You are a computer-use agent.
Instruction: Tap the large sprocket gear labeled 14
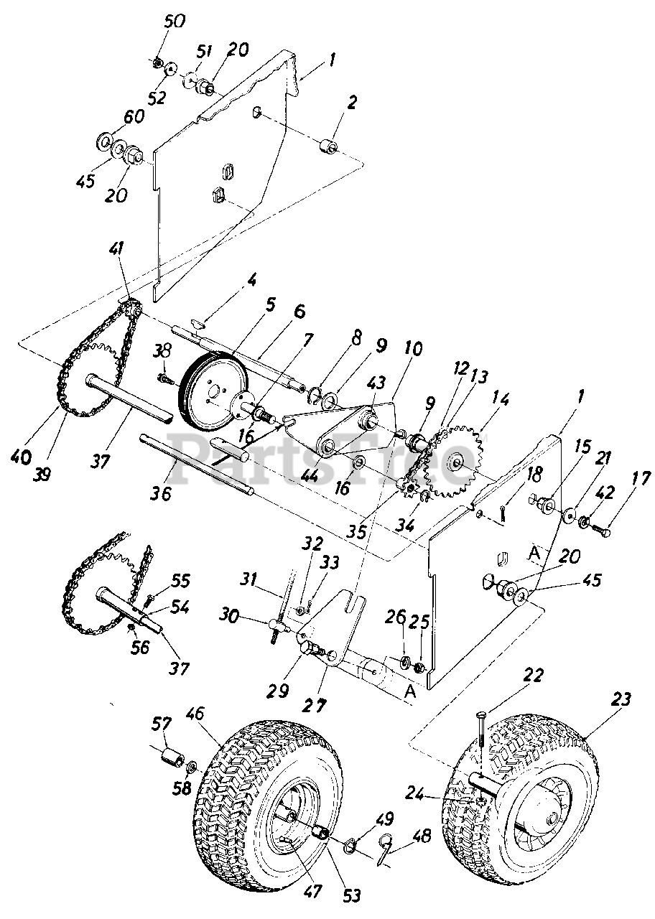pyautogui.click(x=453, y=459)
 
